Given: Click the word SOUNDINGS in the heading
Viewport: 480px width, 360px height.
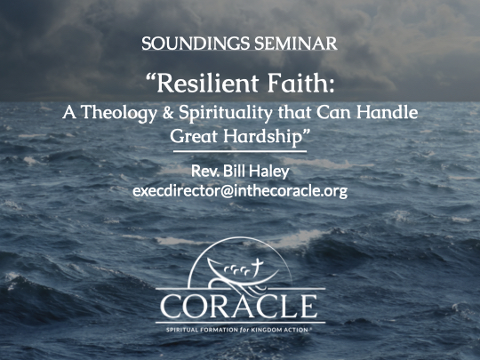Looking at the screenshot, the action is (x=196, y=44).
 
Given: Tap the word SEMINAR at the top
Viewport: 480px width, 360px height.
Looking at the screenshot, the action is (x=296, y=44).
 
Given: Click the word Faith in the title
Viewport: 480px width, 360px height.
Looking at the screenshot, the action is (x=298, y=83).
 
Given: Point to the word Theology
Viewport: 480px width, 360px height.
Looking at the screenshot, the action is (x=119, y=113).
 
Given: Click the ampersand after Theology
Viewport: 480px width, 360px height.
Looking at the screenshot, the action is (x=168, y=112).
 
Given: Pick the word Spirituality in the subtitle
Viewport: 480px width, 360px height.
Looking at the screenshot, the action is (x=225, y=113).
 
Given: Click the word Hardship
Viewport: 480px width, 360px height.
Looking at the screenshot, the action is (x=262, y=137).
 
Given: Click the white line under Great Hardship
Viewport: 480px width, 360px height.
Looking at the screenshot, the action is (x=240, y=151).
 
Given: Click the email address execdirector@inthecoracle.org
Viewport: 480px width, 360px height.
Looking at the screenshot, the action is (x=240, y=191).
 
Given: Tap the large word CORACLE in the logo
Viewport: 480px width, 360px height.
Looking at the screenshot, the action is (x=239, y=307).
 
